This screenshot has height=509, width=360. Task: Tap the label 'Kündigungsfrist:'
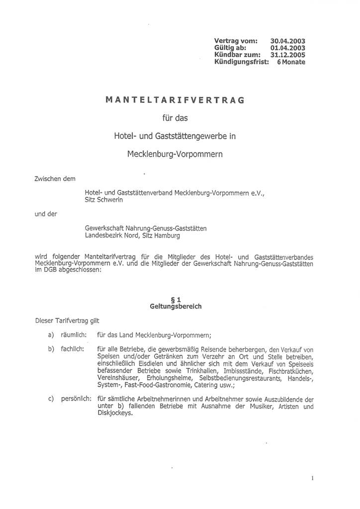click(241, 62)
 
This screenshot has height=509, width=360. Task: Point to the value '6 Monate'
click(291, 62)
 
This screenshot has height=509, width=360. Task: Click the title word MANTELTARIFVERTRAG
click(175, 100)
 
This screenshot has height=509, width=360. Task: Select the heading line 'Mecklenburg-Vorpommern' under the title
click(175, 154)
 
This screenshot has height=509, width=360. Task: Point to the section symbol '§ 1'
click(176, 299)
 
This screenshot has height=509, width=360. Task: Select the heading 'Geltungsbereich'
click(176, 307)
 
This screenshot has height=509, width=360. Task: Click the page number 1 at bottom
click(312, 478)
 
